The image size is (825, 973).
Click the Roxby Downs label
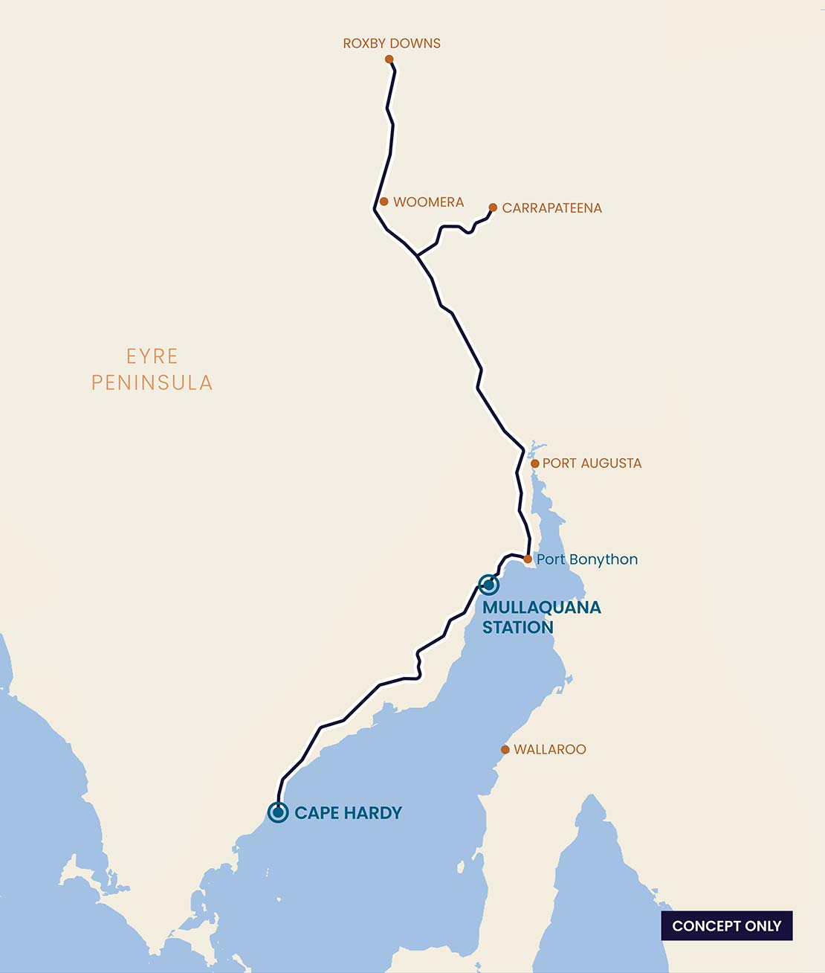[392, 43]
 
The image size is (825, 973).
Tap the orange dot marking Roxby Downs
[389, 59]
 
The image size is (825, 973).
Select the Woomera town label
[428, 202]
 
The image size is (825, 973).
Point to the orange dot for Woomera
[384, 202]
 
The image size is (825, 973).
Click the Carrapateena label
[551, 208]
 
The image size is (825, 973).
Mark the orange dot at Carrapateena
[493, 208]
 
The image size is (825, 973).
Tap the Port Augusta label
[592, 463]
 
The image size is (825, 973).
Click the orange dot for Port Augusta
[534, 463]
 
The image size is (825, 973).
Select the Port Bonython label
[587, 559]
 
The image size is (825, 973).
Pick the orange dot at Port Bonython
[528, 559]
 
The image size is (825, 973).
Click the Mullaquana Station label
[540, 617]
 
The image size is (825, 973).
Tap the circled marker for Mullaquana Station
[488, 585]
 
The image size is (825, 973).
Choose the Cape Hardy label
[348, 813]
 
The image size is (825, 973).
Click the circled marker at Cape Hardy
[278, 812]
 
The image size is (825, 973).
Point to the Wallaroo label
[549, 750]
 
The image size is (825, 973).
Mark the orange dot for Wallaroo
[505, 750]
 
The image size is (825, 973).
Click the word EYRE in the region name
[152, 356]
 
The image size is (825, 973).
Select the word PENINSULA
[152, 383]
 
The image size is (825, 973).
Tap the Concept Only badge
[726, 926]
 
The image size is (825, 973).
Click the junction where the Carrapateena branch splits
[417, 256]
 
